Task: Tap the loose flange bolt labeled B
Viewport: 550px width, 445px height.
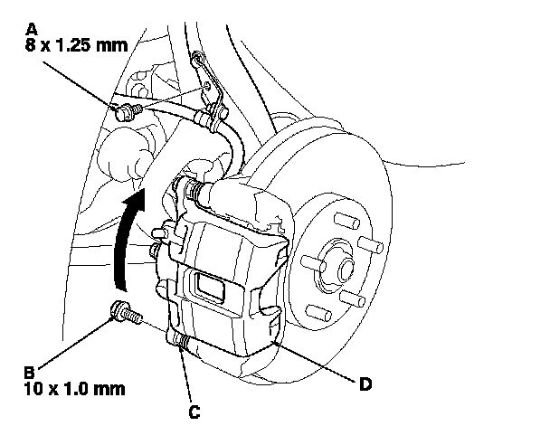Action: pos(124,313)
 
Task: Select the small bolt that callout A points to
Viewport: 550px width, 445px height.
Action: pos(127,110)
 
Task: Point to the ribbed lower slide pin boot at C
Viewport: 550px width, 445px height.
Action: pos(180,343)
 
